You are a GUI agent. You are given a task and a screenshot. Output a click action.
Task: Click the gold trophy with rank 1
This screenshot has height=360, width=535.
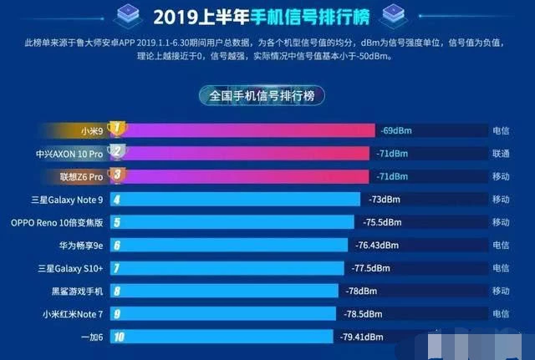[x=117, y=129]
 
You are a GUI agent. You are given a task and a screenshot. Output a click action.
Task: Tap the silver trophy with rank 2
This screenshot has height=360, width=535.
[x=117, y=152]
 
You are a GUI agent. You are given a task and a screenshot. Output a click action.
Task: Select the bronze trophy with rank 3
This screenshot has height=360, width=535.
[x=117, y=175]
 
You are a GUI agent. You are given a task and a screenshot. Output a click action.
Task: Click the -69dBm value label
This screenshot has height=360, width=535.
[x=396, y=130]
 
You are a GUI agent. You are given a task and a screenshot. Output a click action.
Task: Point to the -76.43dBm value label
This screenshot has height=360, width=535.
[x=377, y=245]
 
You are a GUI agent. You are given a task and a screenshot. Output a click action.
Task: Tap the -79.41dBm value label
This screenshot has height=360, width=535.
[x=361, y=337]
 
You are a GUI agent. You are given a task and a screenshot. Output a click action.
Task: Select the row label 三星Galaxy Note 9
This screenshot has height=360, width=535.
[x=67, y=200]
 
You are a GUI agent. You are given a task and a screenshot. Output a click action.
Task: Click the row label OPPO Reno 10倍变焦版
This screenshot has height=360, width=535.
[x=57, y=223]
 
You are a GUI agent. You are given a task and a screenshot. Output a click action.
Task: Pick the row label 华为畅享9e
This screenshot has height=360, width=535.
[x=81, y=246]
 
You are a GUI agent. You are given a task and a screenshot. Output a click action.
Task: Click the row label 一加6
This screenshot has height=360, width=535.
[x=92, y=337]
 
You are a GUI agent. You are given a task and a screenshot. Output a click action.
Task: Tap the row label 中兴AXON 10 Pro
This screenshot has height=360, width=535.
[x=69, y=154]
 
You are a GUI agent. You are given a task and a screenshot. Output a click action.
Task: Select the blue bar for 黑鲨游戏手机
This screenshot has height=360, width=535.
[x=224, y=291]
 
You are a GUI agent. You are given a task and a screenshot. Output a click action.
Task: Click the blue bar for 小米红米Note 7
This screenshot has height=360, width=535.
[x=223, y=313]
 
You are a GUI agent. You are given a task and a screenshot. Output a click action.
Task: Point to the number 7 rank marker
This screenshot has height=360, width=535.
[x=117, y=268]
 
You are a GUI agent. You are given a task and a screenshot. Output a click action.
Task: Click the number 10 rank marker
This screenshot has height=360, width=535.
[x=119, y=337]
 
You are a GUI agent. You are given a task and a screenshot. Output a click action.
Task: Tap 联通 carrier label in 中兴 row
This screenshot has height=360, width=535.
[x=501, y=154]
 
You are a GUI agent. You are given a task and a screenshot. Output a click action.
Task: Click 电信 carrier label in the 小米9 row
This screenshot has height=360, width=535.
[x=501, y=130]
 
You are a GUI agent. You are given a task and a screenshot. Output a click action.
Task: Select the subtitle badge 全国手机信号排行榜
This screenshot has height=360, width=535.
[x=262, y=95]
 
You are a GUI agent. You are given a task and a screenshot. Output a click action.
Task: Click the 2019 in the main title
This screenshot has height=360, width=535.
[x=176, y=17]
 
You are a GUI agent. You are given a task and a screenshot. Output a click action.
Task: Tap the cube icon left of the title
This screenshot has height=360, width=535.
[x=128, y=15]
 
